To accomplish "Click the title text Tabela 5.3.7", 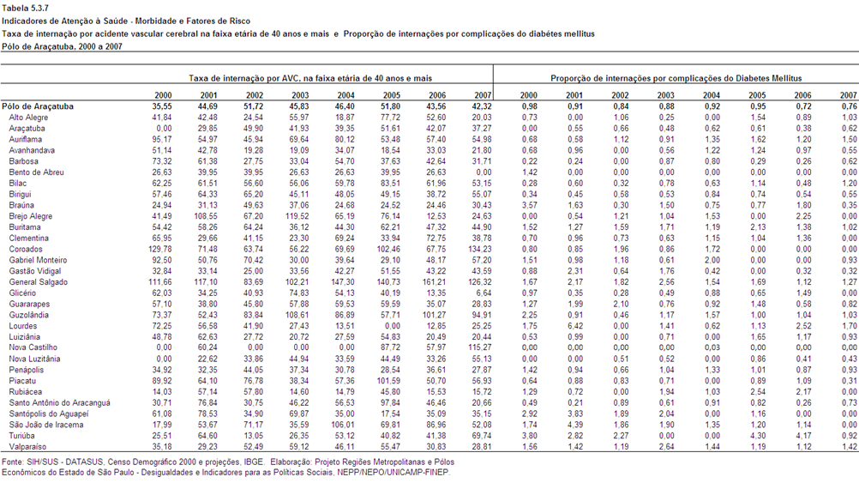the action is [25, 9].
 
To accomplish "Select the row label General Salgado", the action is [39, 281].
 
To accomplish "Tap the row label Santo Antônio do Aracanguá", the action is [60, 402].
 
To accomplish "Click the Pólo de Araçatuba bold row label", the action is [38, 106].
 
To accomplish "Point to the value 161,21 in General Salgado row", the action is [434, 281].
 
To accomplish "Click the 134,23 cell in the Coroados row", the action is [480, 249].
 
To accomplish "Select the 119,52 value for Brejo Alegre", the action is [297, 216].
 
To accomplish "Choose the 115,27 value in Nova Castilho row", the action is [480, 347].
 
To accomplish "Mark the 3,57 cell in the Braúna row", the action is [529, 205].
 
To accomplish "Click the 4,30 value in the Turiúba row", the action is [758, 436].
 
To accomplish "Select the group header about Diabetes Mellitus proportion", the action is [676, 78].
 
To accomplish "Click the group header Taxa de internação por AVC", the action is [310, 78].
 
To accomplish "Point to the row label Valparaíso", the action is [28, 447].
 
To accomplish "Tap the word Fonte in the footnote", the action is [12, 462].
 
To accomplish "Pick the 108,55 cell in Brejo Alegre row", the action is [206, 216].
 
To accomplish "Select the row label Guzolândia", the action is [28, 315].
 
